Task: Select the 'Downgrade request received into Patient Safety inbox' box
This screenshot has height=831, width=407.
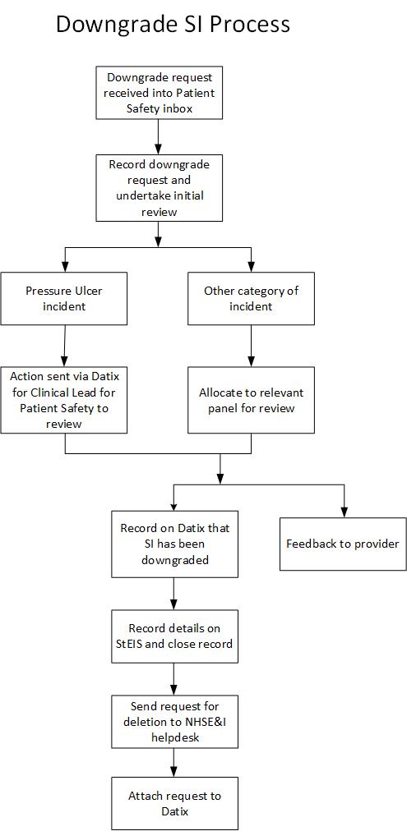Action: pos(160,92)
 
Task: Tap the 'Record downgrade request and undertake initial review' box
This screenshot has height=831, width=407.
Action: pos(160,187)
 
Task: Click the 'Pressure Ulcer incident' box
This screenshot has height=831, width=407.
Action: pos(63,298)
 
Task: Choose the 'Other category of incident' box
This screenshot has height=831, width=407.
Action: pos(251,298)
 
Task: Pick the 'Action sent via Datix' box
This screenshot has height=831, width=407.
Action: pos(63,400)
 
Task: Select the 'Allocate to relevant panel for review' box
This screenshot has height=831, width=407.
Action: pos(251,400)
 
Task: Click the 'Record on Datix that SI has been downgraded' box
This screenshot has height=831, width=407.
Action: pos(174,544)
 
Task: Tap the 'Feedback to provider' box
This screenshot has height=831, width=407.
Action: pos(343,544)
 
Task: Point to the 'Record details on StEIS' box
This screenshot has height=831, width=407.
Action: pos(174,636)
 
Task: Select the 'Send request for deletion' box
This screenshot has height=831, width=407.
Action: pos(174,722)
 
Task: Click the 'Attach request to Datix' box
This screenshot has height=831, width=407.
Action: pos(174,803)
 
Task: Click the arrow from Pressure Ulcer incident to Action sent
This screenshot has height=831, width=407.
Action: pos(64,346)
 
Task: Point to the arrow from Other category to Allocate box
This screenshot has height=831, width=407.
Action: pos(251,346)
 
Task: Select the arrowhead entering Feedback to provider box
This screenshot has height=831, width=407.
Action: pos(344,513)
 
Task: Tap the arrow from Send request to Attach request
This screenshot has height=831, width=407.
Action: pos(174,763)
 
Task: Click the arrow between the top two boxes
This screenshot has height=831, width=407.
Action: pos(160,136)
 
